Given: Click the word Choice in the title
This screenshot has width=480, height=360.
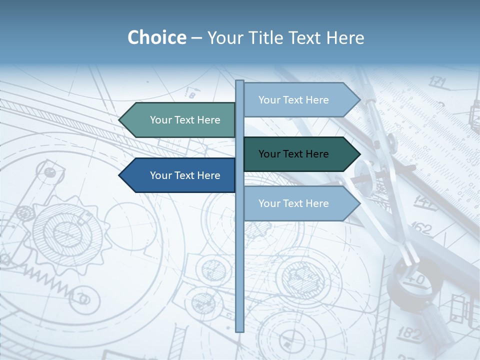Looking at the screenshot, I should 156,37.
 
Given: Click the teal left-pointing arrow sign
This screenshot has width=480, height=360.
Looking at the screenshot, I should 180,120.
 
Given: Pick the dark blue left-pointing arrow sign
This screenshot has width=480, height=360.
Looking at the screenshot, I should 180,175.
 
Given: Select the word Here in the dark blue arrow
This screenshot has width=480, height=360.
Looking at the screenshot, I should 208,175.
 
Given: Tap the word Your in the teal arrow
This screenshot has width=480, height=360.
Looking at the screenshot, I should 161,120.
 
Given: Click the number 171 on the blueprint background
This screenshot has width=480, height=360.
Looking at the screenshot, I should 437,81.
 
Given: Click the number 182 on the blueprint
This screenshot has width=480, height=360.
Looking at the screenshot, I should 410,332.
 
